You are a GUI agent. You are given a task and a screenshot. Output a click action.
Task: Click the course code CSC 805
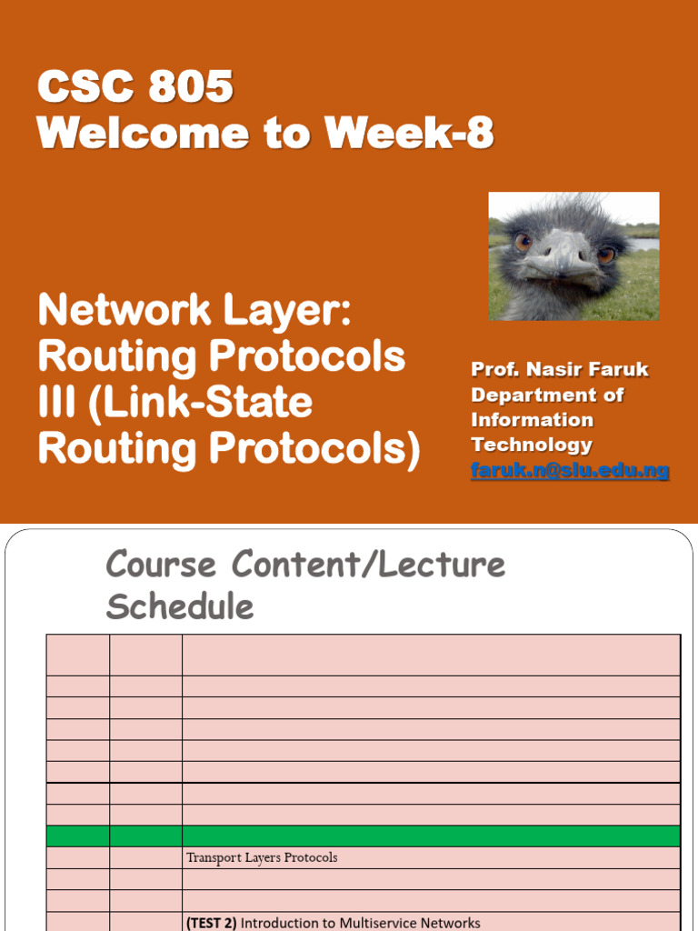[135, 86]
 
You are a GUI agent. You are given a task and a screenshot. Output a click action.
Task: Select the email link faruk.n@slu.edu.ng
[570, 470]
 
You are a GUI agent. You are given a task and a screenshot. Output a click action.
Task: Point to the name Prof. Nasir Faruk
[560, 369]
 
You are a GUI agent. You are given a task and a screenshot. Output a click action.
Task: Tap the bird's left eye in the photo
[523, 242]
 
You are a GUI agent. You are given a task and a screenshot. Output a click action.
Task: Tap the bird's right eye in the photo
[605, 255]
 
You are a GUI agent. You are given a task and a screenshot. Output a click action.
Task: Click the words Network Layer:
[195, 311]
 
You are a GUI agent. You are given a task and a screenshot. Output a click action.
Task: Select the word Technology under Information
[532, 444]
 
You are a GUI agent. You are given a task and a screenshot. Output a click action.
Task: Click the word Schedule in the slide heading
[180, 606]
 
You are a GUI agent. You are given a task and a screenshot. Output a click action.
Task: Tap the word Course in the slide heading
[161, 564]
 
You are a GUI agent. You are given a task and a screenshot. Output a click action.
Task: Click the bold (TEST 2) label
[211, 923]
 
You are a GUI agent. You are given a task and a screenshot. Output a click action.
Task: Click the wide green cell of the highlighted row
[431, 836]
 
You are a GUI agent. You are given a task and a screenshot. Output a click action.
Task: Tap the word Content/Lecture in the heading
[369, 564]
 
